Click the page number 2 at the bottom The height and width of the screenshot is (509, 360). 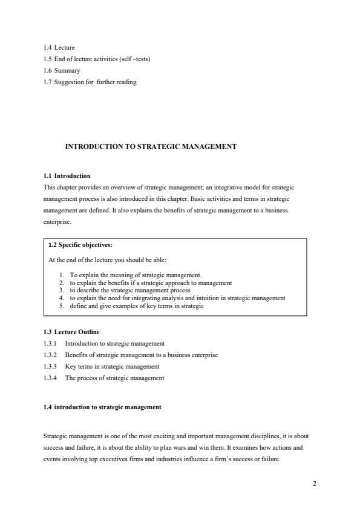[314, 484]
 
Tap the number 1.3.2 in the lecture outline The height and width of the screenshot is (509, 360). [51, 355]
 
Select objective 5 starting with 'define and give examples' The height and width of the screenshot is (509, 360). [137, 306]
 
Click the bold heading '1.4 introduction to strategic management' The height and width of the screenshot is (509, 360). [103, 407]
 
